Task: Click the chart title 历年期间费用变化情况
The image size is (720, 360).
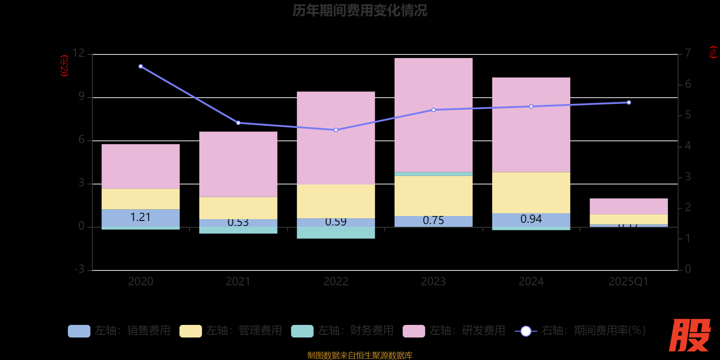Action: coord(360,10)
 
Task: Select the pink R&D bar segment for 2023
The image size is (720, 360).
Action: coord(433,115)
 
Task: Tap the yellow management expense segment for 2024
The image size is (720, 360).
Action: coord(531,193)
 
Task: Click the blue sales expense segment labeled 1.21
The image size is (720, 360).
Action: coord(140,218)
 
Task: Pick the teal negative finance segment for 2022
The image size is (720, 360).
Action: coord(336,233)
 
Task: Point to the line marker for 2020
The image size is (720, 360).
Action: coord(141,67)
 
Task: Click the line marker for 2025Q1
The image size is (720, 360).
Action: coord(629,103)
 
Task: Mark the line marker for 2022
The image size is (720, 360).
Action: coord(336,130)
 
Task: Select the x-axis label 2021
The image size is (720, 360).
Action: coord(238,282)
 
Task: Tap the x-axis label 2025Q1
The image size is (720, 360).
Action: coord(628,282)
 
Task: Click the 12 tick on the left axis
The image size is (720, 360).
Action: coord(79,53)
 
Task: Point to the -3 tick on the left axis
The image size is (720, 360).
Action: coord(79,269)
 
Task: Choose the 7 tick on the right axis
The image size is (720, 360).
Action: coord(688,53)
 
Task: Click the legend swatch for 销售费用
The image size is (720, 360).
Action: coord(79,331)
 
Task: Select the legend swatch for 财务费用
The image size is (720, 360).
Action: coord(302,331)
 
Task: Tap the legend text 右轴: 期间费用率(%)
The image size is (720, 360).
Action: coord(593,331)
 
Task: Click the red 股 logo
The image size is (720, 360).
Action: coord(689,335)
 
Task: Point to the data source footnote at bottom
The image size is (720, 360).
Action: coord(360,355)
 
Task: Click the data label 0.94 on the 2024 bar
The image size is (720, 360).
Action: coord(531,219)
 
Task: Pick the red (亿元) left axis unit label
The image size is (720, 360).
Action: coord(65,66)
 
